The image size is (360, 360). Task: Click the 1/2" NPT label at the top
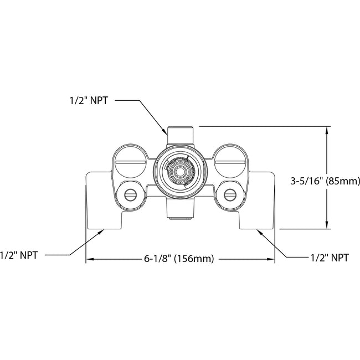coord(88,101)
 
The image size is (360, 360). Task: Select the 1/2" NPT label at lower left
coord(19,255)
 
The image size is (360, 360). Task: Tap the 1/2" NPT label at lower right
coord(329,258)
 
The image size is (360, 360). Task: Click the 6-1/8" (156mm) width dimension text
coord(179,259)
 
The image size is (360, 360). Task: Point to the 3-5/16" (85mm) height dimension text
coord(326,181)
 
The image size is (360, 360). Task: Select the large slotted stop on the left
coord(130,161)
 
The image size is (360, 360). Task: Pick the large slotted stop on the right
coord(228,161)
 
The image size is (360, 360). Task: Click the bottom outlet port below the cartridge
coord(179,210)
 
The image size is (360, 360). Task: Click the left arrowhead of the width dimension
coord(89,259)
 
